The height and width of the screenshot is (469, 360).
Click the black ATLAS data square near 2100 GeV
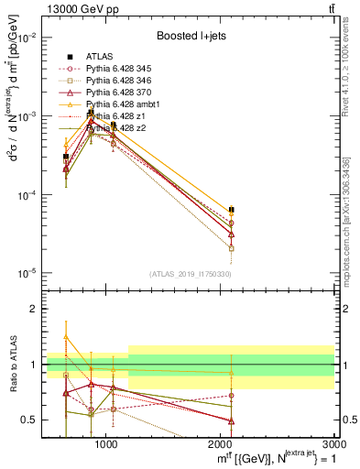[232, 210]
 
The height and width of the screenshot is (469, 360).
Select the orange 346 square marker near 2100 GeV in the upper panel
[232, 248]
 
